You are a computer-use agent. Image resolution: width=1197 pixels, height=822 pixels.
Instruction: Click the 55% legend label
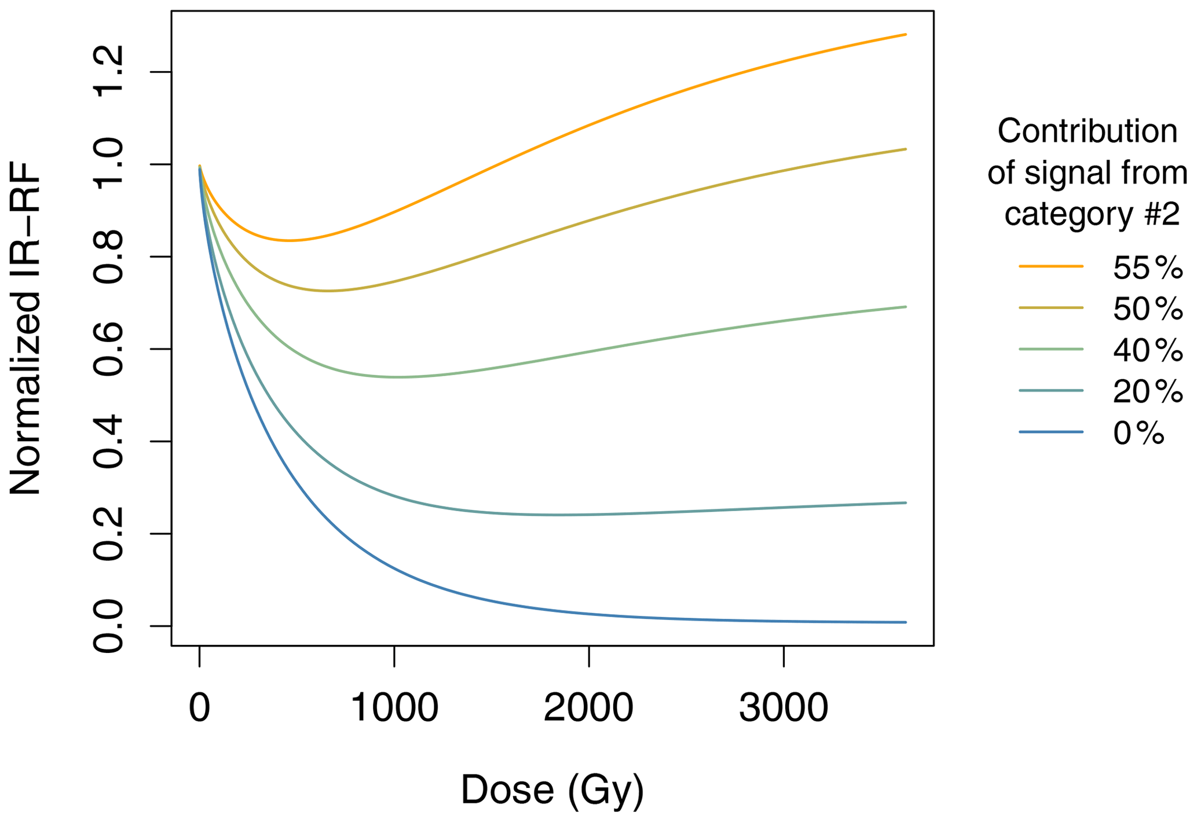point(1147,267)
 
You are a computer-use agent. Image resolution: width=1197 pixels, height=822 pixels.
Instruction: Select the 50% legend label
point(1147,309)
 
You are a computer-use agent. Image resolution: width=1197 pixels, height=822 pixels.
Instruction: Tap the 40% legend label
point(1147,350)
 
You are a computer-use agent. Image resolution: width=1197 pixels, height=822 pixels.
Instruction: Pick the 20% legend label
point(1147,391)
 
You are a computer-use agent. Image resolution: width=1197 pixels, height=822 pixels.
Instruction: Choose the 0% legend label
point(1138,433)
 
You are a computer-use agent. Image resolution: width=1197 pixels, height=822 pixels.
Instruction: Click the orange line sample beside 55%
point(1050,266)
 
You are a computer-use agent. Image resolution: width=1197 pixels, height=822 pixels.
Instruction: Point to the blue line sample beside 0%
point(1050,432)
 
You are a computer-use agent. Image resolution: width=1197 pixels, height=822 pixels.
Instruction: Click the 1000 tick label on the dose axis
point(394,708)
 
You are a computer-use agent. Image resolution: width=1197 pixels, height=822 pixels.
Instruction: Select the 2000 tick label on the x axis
point(588,708)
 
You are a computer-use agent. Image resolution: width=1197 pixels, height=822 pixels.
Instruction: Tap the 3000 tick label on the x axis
point(784,708)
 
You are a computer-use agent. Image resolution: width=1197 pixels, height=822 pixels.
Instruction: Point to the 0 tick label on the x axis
point(199,708)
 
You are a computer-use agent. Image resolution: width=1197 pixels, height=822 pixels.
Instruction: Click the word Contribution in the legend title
point(1087,131)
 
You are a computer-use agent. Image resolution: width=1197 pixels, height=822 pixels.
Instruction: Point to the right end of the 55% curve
point(905,35)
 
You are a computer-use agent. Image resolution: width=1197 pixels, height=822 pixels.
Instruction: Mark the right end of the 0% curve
point(905,622)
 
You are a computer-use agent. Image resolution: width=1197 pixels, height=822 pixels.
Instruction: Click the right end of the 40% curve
point(905,307)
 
